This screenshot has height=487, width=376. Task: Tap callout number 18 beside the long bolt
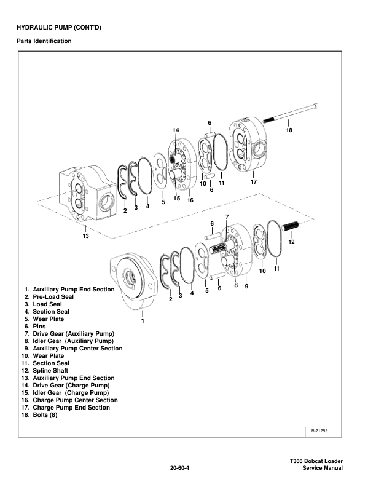(289, 130)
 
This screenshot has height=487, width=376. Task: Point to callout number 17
(254, 181)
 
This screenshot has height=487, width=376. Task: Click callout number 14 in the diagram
(175, 130)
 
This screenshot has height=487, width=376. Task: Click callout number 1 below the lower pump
(143, 320)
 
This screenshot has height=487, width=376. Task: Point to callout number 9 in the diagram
(246, 286)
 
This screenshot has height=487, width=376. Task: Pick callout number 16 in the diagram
(190, 200)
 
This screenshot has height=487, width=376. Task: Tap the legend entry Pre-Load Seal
(53, 297)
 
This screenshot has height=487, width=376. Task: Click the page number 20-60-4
(179, 469)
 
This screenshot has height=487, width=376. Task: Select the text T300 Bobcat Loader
(316, 461)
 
